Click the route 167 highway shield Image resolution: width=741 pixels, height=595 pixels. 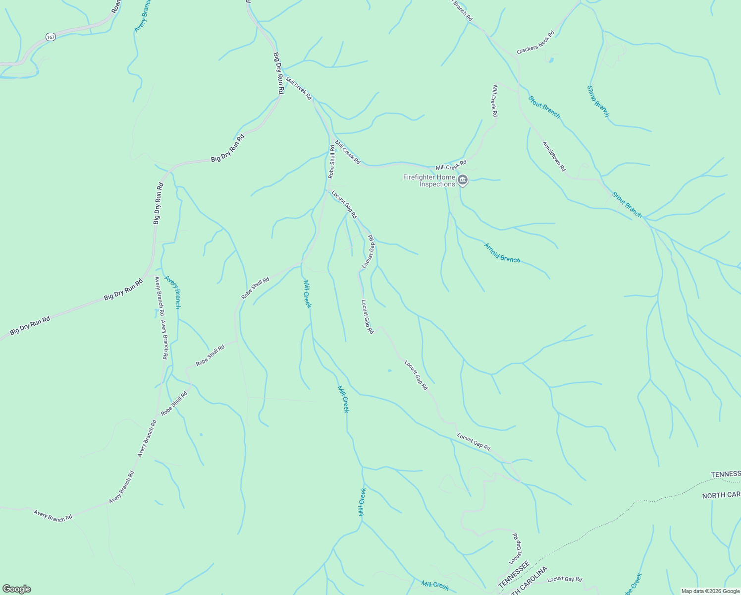pyautogui.click(x=50, y=37)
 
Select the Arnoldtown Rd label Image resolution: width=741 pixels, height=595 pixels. pyautogui.click(x=554, y=157)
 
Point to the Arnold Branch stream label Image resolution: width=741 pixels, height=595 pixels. pyautogui.click(x=502, y=252)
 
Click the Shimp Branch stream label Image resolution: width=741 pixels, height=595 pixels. pyautogui.click(x=598, y=102)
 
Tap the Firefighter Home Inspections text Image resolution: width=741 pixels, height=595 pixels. pyautogui.click(x=429, y=180)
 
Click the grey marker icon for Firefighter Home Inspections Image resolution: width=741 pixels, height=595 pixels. pyautogui.click(x=463, y=180)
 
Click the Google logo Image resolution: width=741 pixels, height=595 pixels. pyautogui.click(x=16, y=589)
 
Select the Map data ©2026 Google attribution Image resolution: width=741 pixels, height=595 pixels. pyautogui.click(x=710, y=591)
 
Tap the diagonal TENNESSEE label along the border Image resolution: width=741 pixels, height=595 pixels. pyautogui.click(x=514, y=575)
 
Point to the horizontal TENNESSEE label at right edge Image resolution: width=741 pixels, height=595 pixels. pyautogui.click(x=726, y=475)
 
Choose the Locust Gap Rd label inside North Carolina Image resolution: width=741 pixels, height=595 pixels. pyautogui.click(x=565, y=579)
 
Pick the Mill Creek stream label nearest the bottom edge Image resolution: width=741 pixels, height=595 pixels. pyautogui.click(x=435, y=586)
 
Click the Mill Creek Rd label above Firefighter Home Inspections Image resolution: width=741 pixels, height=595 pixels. pyautogui.click(x=451, y=165)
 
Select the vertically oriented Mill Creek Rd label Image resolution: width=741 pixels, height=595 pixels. pyautogui.click(x=494, y=101)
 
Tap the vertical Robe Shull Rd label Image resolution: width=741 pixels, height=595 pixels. pyautogui.click(x=331, y=162)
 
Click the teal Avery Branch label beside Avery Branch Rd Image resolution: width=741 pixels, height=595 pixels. pyautogui.click(x=173, y=292)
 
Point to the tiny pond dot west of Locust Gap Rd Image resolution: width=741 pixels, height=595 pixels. pyautogui.click(x=390, y=370)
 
